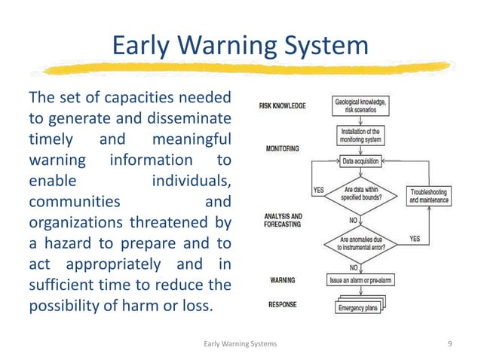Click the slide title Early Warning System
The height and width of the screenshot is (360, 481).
240,46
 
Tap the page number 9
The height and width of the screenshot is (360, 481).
449,343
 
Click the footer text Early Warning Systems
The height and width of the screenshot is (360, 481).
240,343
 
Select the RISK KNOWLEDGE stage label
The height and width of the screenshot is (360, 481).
283,106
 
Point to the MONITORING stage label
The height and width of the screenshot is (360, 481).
283,149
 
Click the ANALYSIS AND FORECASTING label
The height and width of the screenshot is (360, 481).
283,220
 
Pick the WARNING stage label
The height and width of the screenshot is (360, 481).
283,280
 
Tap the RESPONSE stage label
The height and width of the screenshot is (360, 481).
283,305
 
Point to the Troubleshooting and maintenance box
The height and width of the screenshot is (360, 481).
429,196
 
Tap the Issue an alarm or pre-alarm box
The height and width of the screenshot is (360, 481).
360,280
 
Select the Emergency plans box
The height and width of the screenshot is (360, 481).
360,307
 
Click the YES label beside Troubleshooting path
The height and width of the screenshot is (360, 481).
414,239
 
